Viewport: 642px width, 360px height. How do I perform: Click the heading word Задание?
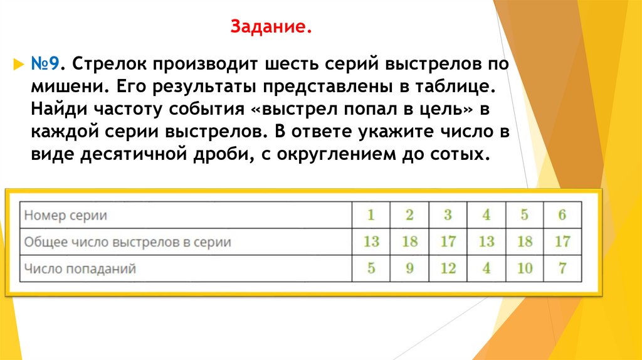271,28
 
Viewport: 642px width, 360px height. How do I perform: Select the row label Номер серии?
65,215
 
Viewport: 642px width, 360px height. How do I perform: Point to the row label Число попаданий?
80,269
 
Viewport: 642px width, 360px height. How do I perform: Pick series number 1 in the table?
371,215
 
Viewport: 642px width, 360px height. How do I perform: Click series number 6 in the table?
562,215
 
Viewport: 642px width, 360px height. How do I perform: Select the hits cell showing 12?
448,269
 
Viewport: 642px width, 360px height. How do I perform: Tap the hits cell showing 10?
525,269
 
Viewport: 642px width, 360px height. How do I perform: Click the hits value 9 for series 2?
409,269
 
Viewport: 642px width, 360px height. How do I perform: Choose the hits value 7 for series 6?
562,269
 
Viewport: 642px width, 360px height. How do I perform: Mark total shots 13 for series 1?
371,242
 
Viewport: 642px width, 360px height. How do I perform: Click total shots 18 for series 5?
525,242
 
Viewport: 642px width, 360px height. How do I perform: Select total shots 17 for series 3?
448,242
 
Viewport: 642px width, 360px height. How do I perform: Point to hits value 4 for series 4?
487,269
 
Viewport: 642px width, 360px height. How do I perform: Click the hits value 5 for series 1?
371,269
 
